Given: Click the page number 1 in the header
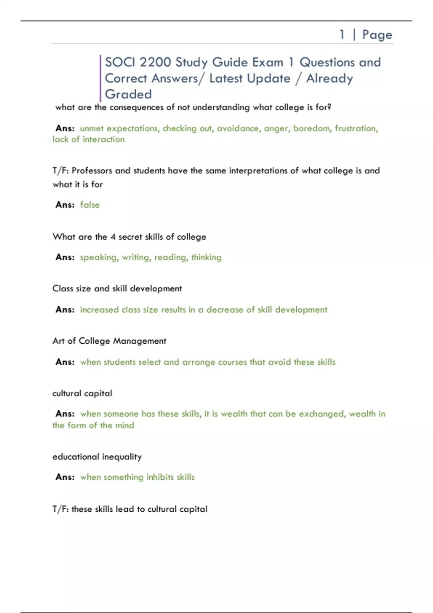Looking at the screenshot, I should tap(342, 35).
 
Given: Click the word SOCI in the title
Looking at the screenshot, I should tap(120, 62).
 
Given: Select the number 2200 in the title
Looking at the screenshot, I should tap(155, 62).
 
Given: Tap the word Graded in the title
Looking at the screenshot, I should tap(128, 94).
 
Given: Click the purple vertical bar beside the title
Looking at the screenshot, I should tap(100, 78).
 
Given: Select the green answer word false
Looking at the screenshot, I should tap(90, 205).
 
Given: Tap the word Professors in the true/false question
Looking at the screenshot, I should tap(92, 171).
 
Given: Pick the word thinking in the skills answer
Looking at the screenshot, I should tap(206, 257).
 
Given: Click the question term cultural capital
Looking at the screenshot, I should tap(82, 393).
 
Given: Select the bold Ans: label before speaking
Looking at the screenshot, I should tap(65, 257).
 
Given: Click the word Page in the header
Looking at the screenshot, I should tap(377, 35).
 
